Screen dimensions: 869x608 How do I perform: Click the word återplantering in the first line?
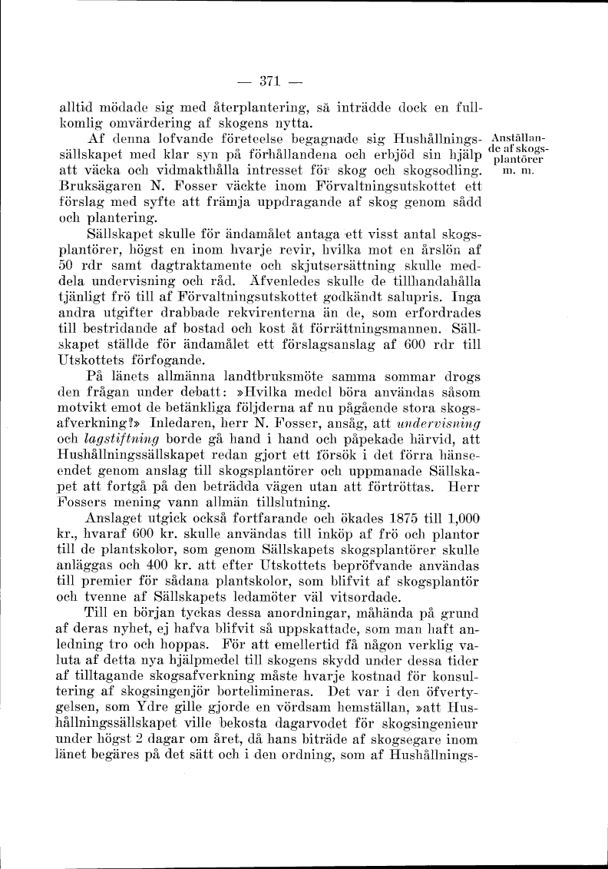pyautogui.click(x=243, y=109)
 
